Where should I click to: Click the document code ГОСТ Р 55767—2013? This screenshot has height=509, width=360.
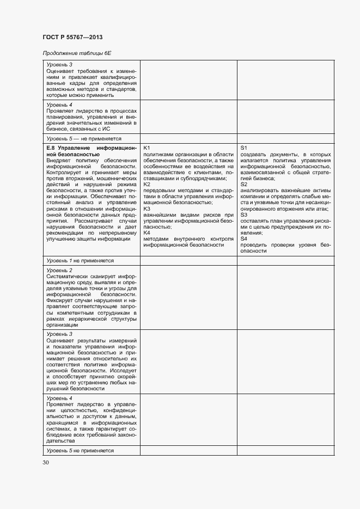click(72, 37)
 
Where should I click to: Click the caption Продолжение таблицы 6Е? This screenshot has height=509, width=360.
click(69, 52)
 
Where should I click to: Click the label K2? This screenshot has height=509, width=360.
click(147, 185)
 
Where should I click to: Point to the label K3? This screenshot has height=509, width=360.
click(147, 208)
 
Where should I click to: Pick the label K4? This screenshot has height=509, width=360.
click(147, 232)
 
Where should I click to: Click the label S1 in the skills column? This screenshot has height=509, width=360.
click(244, 148)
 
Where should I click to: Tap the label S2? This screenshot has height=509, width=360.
click(244, 185)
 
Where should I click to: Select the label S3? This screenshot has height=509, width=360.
click(244, 214)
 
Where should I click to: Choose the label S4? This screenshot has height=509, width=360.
click(244, 238)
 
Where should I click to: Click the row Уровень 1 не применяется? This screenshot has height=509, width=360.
click(80, 261)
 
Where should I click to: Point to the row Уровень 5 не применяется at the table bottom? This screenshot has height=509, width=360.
click(80, 451)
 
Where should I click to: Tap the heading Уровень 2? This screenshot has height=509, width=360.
click(59, 270)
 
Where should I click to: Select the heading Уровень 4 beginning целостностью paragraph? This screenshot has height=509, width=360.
click(59, 398)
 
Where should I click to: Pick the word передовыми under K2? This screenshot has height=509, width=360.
click(161, 191)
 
